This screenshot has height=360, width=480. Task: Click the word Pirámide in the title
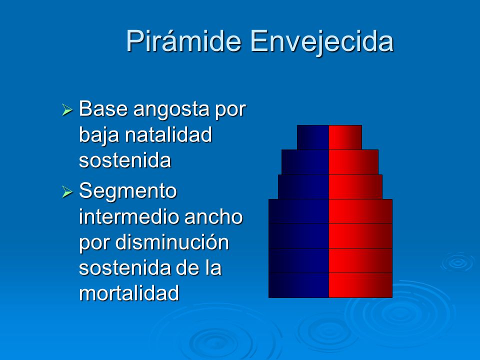(x=183, y=40)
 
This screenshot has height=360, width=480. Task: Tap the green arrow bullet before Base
(x=67, y=109)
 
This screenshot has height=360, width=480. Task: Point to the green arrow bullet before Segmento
(x=67, y=192)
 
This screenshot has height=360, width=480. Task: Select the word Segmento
(x=128, y=192)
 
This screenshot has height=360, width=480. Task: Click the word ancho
(x=213, y=216)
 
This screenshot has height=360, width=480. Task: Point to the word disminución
(x=172, y=242)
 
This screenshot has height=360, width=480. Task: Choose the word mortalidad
(x=129, y=293)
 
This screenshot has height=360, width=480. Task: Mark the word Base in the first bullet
(x=103, y=108)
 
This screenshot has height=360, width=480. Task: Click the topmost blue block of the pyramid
(x=313, y=137)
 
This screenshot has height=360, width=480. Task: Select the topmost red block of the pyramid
(x=345, y=137)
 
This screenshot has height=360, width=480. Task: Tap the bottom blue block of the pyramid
(x=299, y=285)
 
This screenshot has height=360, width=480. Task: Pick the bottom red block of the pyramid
(x=360, y=285)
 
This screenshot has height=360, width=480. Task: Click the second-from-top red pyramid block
(x=353, y=162)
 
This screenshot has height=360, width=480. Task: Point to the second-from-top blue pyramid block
(x=305, y=162)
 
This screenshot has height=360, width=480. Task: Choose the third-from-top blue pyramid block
(x=303, y=187)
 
